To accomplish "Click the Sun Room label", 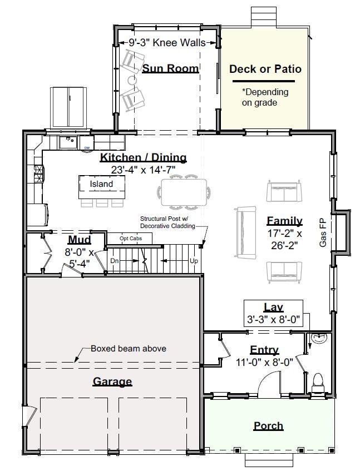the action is [x=170, y=68].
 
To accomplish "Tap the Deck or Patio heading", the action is [x=265, y=69].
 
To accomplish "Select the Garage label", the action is [x=112, y=381].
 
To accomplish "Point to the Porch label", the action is [x=268, y=425].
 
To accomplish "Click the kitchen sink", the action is [x=68, y=142].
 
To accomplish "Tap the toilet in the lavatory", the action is [x=318, y=383].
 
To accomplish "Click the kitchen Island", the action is [x=102, y=187].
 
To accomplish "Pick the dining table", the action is [x=184, y=192].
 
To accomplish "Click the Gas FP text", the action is [x=323, y=233].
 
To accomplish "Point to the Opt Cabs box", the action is [x=130, y=238].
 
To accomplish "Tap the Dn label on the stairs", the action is [x=115, y=261].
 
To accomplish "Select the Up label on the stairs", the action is [x=194, y=261].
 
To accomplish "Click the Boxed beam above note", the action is [x=129, y=349].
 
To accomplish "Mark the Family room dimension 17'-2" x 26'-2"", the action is [x=284, y=240].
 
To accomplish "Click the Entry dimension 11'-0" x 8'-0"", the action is [x=264, y=362].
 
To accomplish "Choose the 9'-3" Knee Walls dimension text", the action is [x=167, y=43].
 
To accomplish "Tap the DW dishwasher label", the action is [x=87, y=148].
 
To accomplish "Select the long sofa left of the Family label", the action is [x=246, y=232].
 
